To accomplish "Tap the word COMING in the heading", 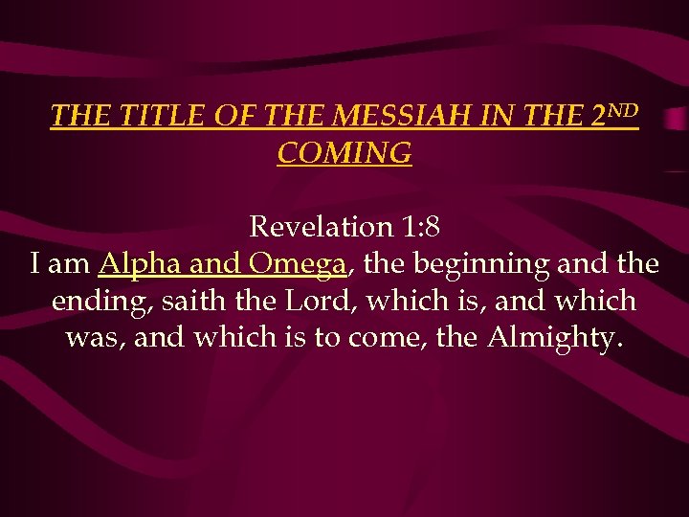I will click(344, 153).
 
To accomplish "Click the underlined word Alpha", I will click(136, 263).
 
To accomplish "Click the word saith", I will click(189, 301).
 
